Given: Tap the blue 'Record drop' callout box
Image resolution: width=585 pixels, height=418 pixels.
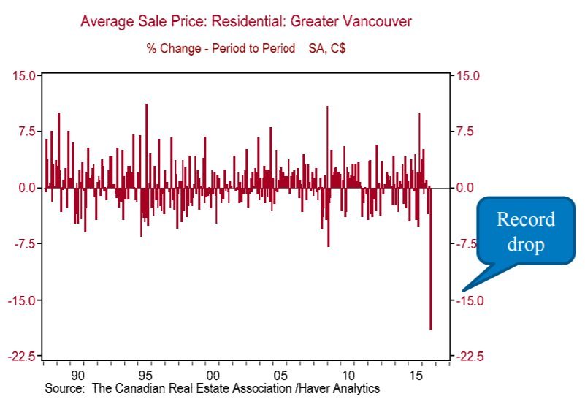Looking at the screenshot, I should (x=525, y=232).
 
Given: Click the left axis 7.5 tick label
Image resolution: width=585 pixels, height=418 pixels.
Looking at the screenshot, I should (x=25, y=132).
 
